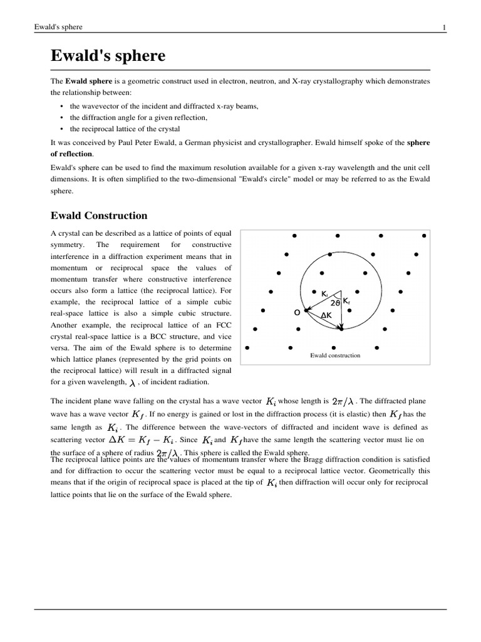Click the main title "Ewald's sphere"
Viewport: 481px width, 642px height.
(108, 56)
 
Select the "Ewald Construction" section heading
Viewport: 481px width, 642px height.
(98, 216)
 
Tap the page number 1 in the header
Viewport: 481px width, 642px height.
(444, 27)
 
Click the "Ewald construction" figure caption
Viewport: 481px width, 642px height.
(335, 355)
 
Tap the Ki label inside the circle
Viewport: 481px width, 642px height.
(324, 293)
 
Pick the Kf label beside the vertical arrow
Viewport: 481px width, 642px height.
(346, 301)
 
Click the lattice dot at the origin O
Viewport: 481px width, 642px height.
(306, 310)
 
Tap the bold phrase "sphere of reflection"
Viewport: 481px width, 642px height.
(72, 154)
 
